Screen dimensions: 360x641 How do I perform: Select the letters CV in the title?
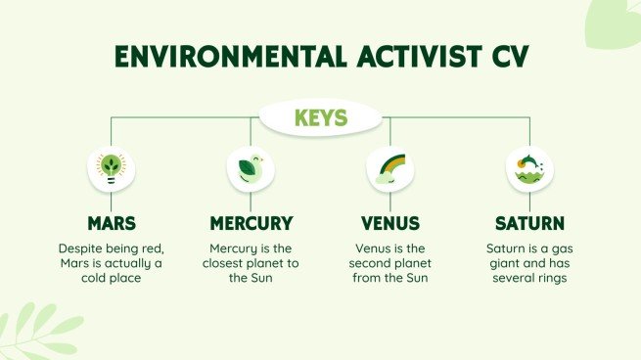point(506,58)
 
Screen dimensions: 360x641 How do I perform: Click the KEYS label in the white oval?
point(321,119)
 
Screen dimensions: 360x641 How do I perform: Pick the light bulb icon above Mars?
point(111,167)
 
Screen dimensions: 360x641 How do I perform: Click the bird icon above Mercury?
point(251,167)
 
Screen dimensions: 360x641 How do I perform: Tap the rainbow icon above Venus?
point(390,167)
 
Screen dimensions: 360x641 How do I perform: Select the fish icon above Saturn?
point(530,167)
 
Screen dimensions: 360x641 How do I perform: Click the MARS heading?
point(111,223)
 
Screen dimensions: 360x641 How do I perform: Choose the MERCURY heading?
point(251,223)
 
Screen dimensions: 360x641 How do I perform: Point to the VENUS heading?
point(390,223)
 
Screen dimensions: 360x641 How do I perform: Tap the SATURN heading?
point(530,223)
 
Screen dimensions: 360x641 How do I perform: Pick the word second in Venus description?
point(377,264)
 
